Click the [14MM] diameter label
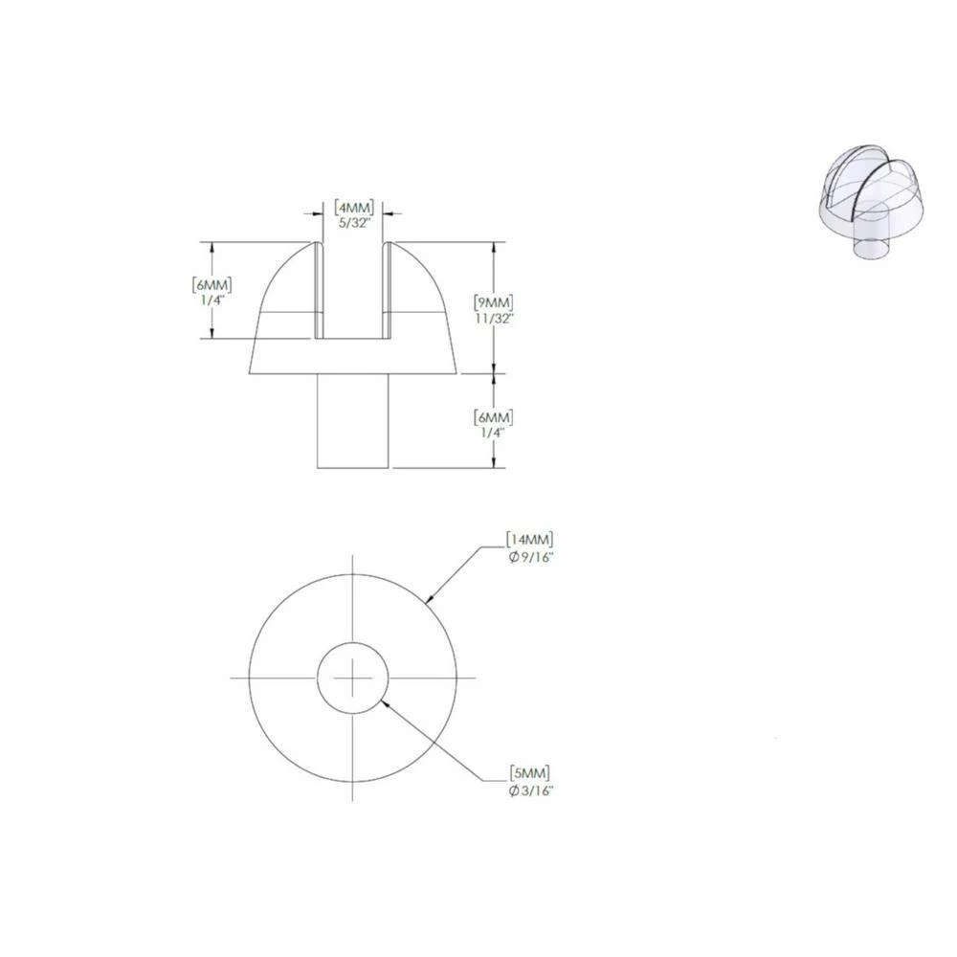(530, 540)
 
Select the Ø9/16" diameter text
(530, 556)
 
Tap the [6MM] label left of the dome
(212, 285)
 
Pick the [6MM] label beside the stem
(495, 417)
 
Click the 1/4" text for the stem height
(495, 433)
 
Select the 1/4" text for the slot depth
(212, 300)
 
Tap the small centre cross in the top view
(352, 677)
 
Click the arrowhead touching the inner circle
(383, 702)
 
